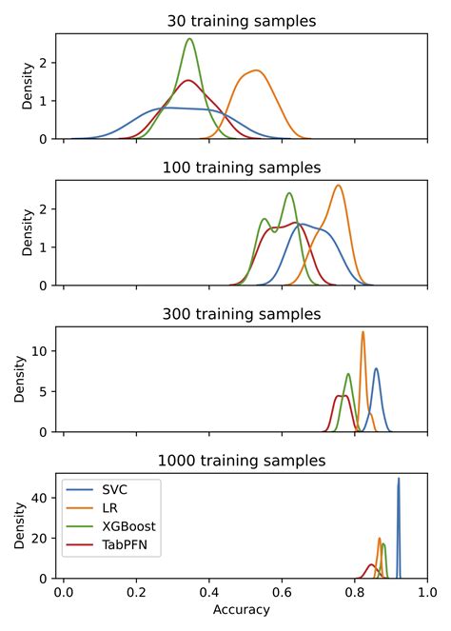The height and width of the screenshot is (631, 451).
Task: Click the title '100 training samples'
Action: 240,168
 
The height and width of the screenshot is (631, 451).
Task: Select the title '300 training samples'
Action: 240,314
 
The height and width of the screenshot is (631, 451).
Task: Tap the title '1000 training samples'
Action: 240,461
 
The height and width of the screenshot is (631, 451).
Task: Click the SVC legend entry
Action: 115,489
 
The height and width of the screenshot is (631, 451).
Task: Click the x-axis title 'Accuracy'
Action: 240,609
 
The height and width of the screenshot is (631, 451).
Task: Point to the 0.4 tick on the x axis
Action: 209,590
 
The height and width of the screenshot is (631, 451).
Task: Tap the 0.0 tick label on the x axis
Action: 64,590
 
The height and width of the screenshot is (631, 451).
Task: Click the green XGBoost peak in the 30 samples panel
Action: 189,39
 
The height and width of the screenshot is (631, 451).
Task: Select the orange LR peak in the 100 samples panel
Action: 338,186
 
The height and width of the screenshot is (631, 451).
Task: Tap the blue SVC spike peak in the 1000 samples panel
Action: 399,479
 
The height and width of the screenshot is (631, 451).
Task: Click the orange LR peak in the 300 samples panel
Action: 363,332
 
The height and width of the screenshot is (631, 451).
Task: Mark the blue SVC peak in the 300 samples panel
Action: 377,368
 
